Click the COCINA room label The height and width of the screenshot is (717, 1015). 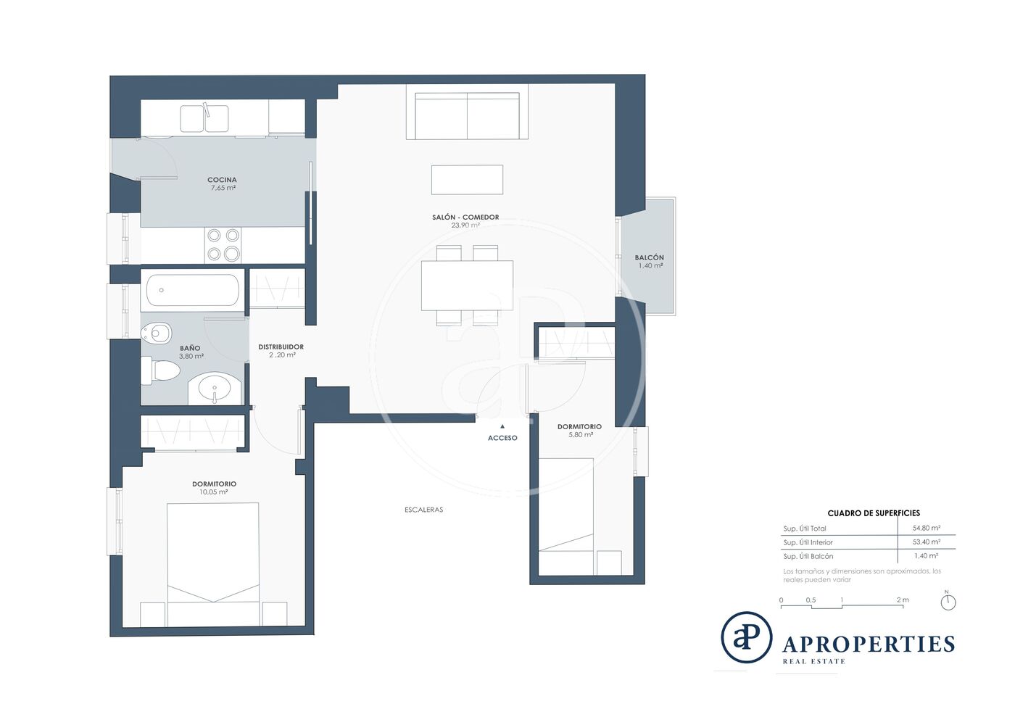coord(222,180)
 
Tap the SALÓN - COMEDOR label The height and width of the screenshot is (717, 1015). coord(465,217)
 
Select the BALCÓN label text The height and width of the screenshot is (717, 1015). coord(650,257)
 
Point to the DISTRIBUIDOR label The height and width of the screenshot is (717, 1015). coord(281,347)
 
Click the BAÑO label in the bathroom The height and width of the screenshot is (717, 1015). coord(190,348)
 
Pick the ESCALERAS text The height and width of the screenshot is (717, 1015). coord(423,510)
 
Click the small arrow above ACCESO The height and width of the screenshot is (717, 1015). coord(502,426)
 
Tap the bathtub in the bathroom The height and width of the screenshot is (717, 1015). coord(193,290)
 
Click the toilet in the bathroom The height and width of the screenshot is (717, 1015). coord(161,370)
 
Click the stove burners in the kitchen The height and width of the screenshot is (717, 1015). coord(223,245)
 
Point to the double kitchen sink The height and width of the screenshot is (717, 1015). coord(204,118)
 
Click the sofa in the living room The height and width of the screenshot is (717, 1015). coord(467,116)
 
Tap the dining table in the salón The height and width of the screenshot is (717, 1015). coord(467,286)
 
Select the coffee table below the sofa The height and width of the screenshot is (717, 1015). coord(467,180)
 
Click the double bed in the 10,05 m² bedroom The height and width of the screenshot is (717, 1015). coord(213,564)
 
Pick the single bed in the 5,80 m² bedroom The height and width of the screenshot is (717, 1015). coord(566,517)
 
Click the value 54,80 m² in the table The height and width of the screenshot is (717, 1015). coord(927,528)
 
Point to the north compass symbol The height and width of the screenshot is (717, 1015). coord(948,602)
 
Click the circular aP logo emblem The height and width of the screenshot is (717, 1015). coord(746,637)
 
